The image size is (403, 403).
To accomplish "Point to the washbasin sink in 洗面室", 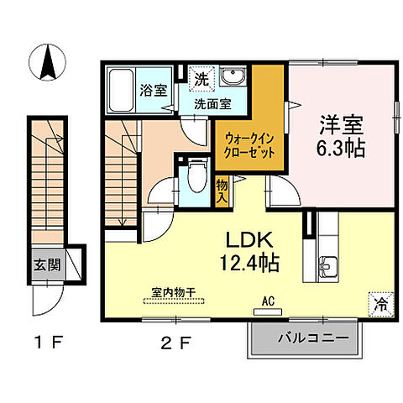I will point(231,79).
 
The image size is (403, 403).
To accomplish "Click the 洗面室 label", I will point(213,105).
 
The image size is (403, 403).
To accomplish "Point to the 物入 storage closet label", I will point(222,191).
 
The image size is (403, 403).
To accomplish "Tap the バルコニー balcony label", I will point(306,341).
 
